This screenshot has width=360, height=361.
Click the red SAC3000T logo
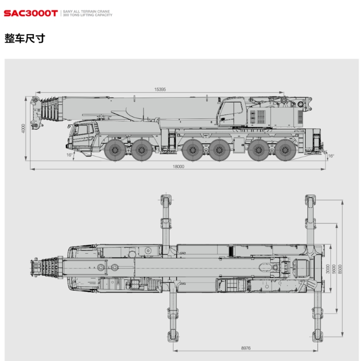(31, 13)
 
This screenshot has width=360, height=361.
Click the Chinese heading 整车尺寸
(25, 38)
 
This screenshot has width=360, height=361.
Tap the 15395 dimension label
(160, 89)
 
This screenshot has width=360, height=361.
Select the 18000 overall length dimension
(178, 166)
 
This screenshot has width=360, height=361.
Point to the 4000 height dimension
(23, 128)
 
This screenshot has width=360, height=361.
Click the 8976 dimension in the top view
(246, 348)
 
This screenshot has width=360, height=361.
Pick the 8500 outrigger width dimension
(340, 269)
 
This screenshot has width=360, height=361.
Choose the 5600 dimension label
(334, 269)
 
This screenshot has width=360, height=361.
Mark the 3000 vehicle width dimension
(328, 269)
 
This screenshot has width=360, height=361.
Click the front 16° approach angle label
(69, 155)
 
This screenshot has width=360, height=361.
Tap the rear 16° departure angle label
(331, 156)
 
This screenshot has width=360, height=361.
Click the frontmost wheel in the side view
(115, 150)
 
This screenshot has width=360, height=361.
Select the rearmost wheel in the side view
(286, 150)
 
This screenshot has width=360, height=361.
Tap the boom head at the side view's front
(36, 112)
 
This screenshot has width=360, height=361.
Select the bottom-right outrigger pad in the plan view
(318, 336)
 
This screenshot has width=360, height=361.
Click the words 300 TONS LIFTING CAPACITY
(87, 15)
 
